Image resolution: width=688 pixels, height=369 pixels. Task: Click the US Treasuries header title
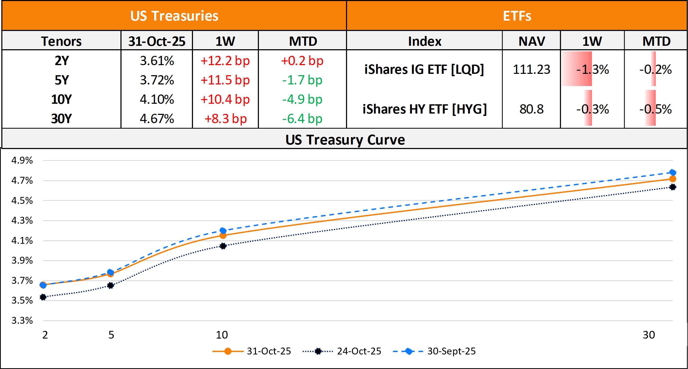point(174,16)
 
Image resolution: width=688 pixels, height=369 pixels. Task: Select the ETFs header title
point(517,16)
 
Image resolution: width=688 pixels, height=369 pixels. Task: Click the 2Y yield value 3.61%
point(157,61)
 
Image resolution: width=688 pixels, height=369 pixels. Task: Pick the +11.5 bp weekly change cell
point(225,80)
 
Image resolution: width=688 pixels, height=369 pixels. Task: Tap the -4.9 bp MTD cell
point(302,99)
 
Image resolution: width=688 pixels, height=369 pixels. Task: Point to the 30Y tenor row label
point(61,119)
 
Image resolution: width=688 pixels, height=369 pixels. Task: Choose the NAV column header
point(532,41)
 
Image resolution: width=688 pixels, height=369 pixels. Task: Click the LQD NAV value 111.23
point(532,69)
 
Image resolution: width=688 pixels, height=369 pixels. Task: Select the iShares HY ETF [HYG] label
point(425,109)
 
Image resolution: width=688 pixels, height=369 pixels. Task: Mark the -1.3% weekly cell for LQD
point(592,69)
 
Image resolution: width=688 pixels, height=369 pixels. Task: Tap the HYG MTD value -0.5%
point(655,109)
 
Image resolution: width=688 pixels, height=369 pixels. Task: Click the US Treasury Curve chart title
point(345,140)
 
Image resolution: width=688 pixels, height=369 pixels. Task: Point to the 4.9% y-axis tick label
point(22,160)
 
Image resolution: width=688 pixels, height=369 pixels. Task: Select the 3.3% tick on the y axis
point(22,320)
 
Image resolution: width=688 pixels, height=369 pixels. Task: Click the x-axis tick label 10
point(222,335)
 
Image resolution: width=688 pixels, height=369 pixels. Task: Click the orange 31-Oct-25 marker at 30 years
point(673,179)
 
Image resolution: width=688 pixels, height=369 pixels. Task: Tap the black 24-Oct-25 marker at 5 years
point(110,285)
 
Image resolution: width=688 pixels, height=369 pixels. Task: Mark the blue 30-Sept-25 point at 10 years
point(223,230)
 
